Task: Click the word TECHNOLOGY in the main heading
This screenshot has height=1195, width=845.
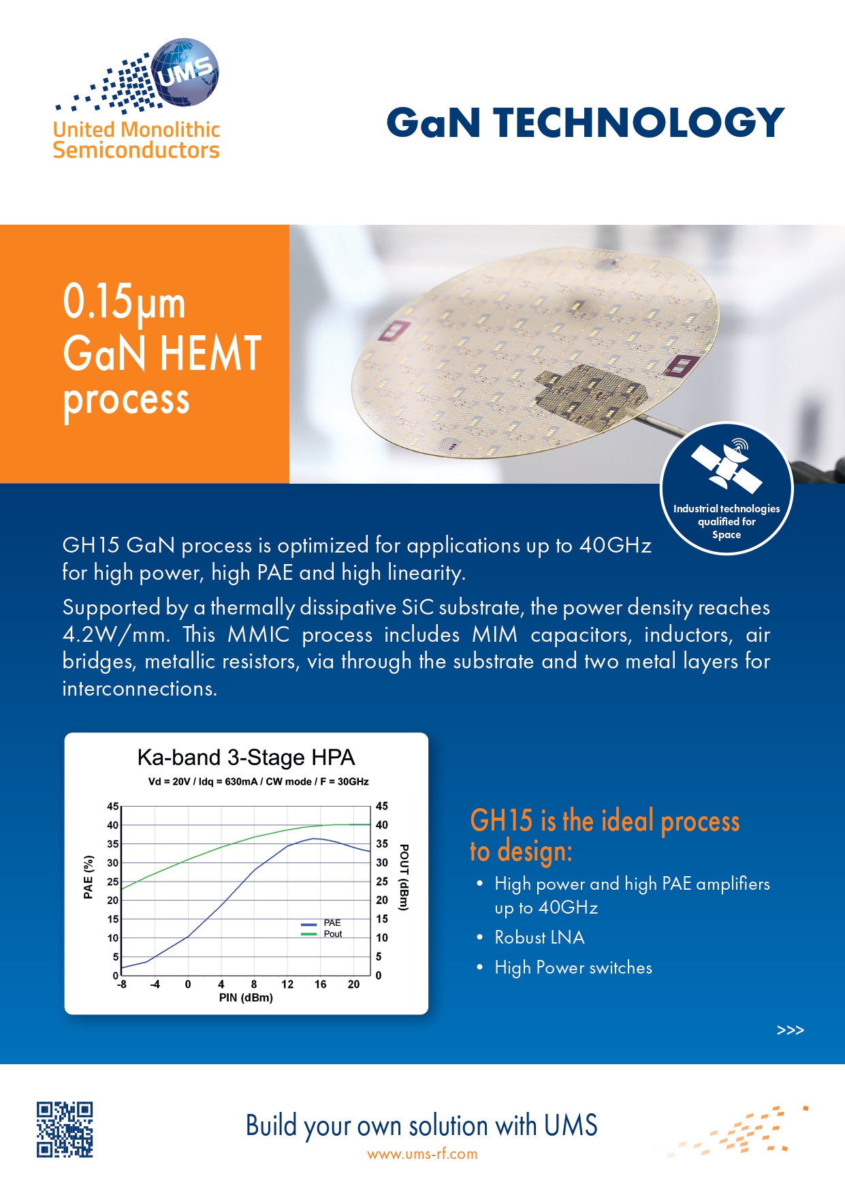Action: pyautogui.click(x=639, y=123)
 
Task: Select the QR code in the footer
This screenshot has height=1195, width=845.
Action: pyautogui.click(x=65, y=1129)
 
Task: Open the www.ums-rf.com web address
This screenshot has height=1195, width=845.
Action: pyautogui.click(x=422, y=1154)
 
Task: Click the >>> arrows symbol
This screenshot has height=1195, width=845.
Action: pyautogui.click(x=791, y=1030)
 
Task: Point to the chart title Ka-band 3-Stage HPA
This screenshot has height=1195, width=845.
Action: pyautogui.click(x=246, y=758)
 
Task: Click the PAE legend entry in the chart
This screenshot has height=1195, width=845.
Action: pyautogui.click(x=321, y=923)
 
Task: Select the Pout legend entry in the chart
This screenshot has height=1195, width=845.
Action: pyautogui.click(x=321, y=934)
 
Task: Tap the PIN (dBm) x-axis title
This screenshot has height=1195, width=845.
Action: pyautogui.click(x=246, y=998)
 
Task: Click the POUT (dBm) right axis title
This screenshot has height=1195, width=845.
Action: pyautogui.click(x=404, y=877)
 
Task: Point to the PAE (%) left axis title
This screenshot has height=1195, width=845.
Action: pyautogui.click(x=89, y=877)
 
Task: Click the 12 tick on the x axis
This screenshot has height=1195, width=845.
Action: pyautogui.click(x=287, y=984)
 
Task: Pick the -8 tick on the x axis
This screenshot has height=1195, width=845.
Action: pyautogui.click(x=122, y=984)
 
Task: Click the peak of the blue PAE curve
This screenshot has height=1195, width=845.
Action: pyautogui.click(x=313, y=839)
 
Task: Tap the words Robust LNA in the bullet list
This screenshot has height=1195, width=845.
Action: pyautogui.click(x=539, y=938)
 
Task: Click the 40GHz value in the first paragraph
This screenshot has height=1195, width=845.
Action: pyautogui.click(x=616, y=546)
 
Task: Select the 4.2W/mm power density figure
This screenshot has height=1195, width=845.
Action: pyautogui.click(x=116, y=635)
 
